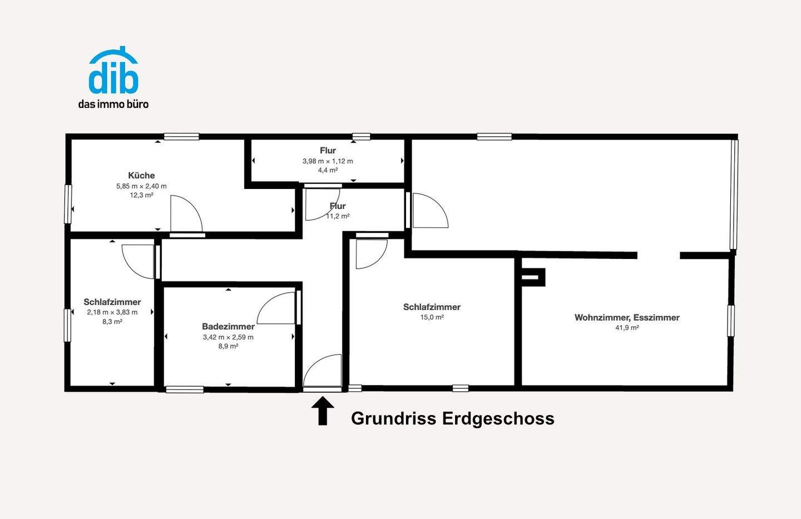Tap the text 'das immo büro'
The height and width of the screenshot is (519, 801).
coord(113,104)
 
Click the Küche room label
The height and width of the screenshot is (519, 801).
coord(141,176)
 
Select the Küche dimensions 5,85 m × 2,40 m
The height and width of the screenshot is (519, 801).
coord(141,186)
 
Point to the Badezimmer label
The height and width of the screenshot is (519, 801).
coord(228,327)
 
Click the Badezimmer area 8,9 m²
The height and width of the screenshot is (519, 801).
coord(228,346)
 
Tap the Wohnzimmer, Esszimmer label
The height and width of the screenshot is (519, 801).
coord(627,318)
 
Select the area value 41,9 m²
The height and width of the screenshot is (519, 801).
coord(627,328)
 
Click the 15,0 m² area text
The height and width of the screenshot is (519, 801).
coord(432,317)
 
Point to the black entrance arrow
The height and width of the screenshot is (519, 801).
coord(323,411)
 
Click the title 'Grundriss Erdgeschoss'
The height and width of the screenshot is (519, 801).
coord(452,418)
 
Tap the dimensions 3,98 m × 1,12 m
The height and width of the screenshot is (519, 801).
coord(328,161)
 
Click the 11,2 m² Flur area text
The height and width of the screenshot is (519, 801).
coord(338,216)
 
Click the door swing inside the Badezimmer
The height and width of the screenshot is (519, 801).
coord(277,310)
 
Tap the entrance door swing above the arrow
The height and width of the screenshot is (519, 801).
coord(324,371)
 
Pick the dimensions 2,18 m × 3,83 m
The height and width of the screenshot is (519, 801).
coord(112,312)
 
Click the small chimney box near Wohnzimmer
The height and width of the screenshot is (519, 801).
coord(532,277)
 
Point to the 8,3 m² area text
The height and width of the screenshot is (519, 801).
coord(112,322)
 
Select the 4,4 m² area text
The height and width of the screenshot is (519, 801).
coord(328,170)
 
